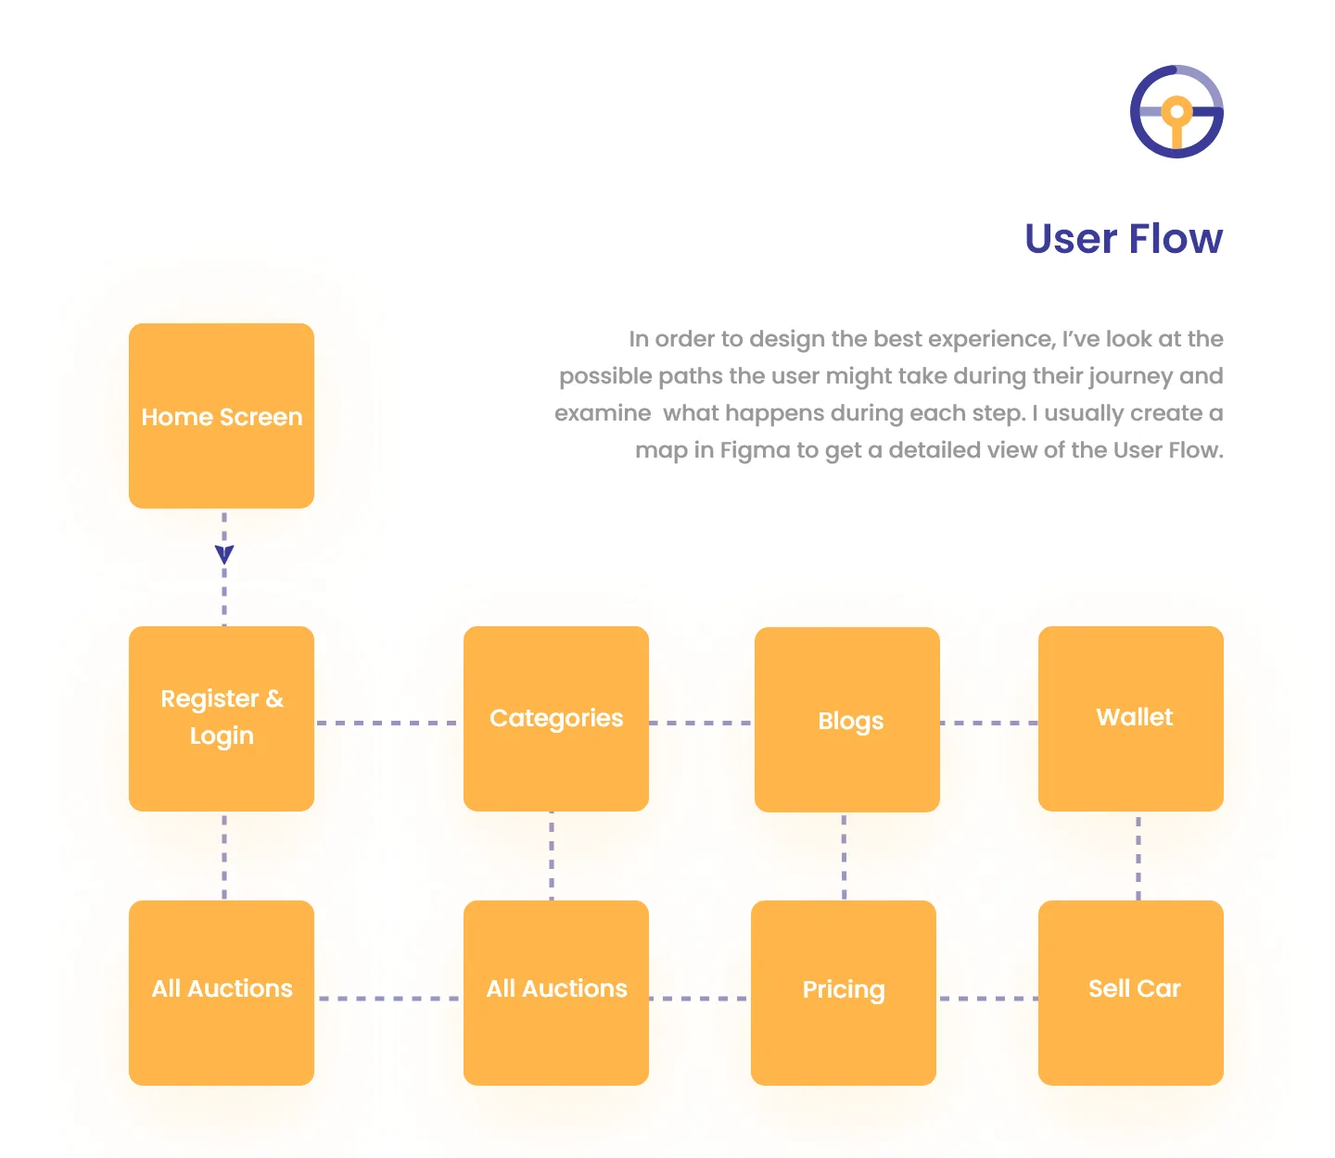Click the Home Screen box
pyautogui.click(x=222, y=415)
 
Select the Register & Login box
pyautogui.click(x=222, y=719)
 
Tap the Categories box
pyautogui.click(x=556, y=719)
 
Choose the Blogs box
pyautogui.click(x=847, y=719)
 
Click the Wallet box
pyautogui.click(x=1131, y=719)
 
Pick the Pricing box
pyautogui.click(x=843, y=992)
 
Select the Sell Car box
pyautogui.click(x=1131, y=992)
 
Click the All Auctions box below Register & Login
pyautogui.click(x=222, y=992)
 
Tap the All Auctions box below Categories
pyautogui.click(x=556, y=992)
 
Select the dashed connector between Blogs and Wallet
pyautogui.click(x=989, y=723)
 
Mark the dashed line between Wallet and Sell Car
pyautogui.click(x=1138, y=856)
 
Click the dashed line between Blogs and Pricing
pyautogui.click(x=844, y=856)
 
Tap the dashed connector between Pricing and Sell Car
pyautogui.click(x=987, y=999)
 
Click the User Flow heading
pyautogui.click(x=1124, y=239)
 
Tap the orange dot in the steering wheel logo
pyautogui.click(x=1176, y=112)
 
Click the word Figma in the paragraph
pyautogui.click(x=755, y=450)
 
